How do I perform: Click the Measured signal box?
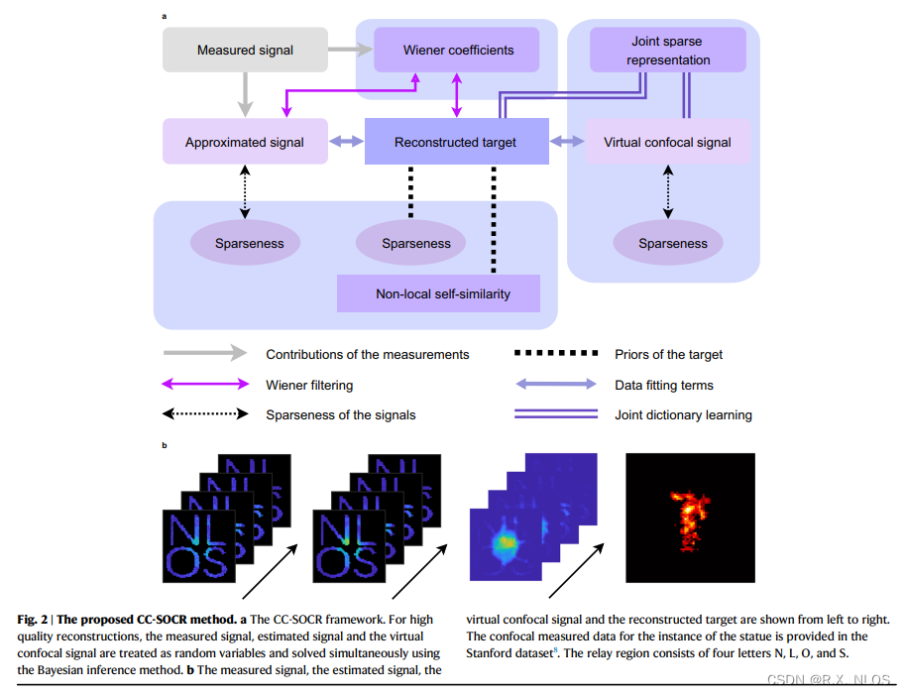point(245,50)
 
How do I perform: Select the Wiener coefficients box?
point(457,50)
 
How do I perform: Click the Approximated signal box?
point(245,142)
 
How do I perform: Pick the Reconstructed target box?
point(455,142)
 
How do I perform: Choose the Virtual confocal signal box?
point(666,142)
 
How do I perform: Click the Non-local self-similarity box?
point(437,293)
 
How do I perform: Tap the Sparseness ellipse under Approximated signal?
point(244,243)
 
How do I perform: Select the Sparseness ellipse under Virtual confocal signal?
point(672,243)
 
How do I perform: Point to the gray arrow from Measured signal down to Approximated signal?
point(245,96)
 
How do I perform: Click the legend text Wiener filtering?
point(308,385)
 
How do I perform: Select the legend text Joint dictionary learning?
point(683,414)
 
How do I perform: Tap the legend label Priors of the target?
point(668,354)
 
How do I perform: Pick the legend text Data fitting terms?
point(663,385)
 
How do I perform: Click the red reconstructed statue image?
point(689,518)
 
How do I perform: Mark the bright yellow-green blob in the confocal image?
point(507,541)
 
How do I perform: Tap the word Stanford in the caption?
point(491,653)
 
